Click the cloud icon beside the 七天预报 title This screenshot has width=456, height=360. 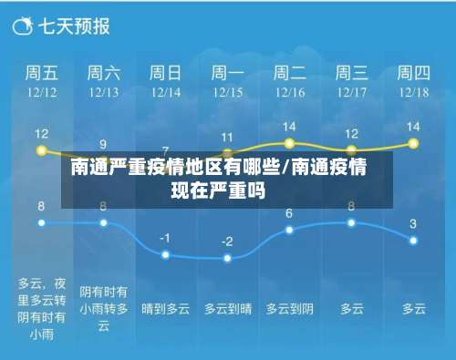coord(22,26)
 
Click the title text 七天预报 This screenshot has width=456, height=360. coord(72,26)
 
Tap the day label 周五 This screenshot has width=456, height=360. coord(41,72)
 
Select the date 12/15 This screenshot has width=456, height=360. coord(228,91)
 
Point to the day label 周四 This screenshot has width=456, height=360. coord(413,72)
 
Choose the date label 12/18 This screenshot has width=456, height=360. coord(413,91)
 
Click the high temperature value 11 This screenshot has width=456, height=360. coord(227,137)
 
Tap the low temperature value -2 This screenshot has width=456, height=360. coord(227,242)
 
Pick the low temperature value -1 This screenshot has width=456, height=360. coord(165,237)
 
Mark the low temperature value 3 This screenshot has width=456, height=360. coord(413,223)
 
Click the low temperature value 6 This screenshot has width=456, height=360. coord(289,213)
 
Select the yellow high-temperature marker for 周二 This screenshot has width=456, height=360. coord(289,143)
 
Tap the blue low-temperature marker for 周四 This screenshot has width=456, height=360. coord(413,240)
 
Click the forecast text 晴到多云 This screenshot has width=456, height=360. coord(165,309)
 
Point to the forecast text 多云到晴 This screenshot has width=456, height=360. coord(227,309)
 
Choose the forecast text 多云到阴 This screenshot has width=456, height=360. coord(289,309)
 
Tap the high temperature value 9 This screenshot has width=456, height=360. coord(103,144)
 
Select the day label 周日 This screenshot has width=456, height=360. coord(165,72)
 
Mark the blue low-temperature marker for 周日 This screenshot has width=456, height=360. coord(165,254)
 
